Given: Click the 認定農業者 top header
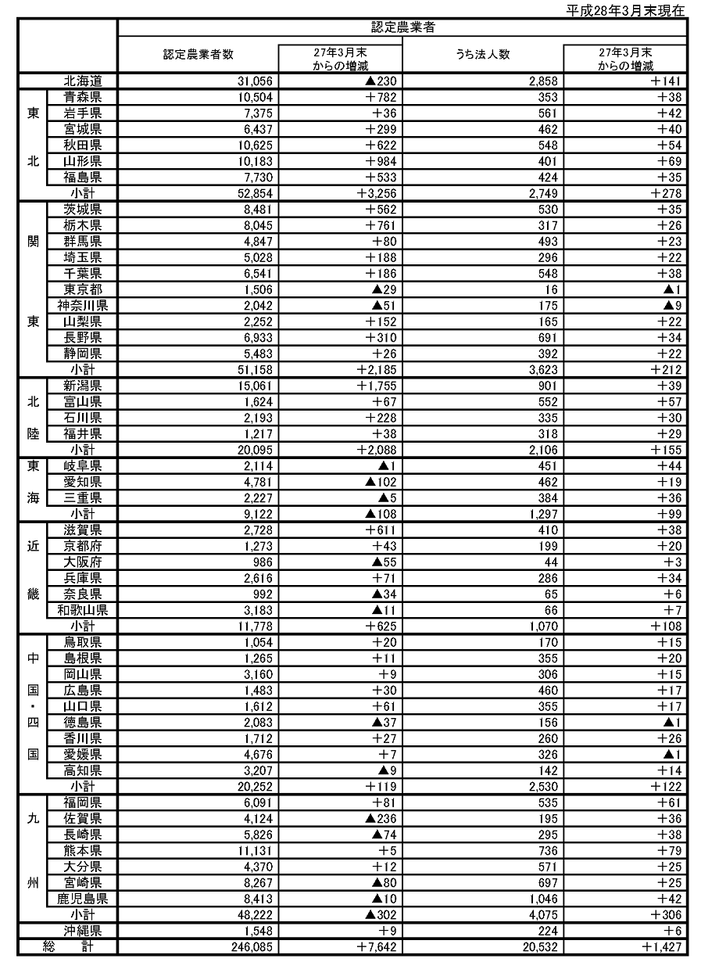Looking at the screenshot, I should (402, 27).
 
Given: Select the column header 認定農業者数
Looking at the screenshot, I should (199, 55).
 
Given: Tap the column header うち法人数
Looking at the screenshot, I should (482, 55).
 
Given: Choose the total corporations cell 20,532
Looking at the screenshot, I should (540, 947).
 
